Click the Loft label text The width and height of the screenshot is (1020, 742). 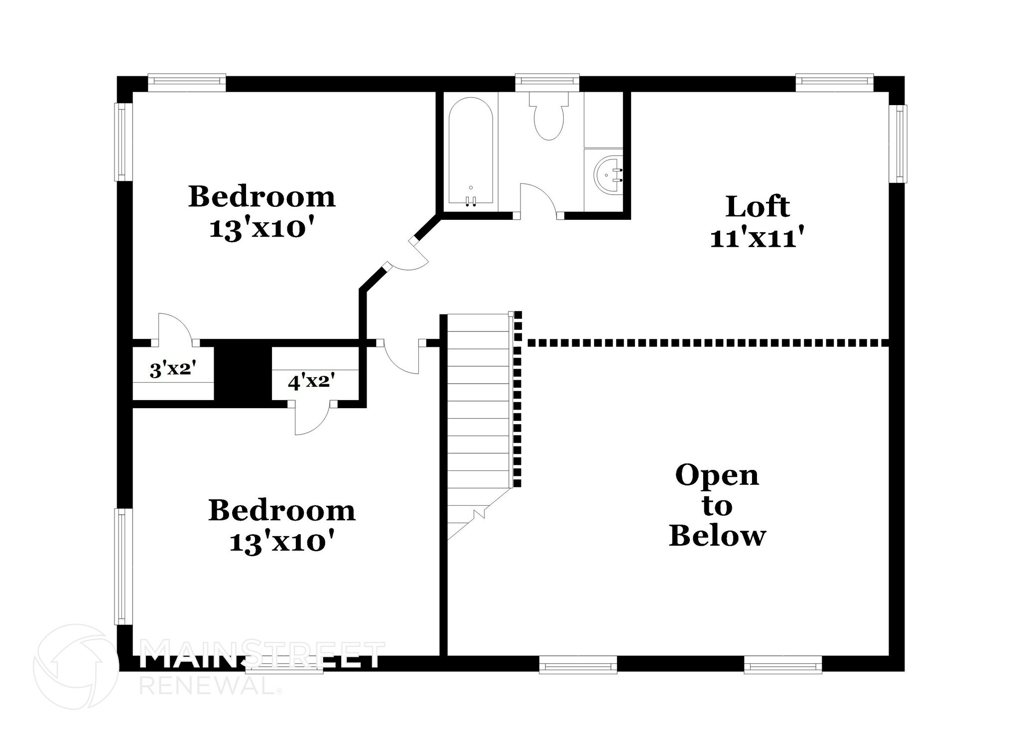click(x=757, y=207)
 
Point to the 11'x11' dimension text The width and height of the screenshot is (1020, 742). click(x=757, y=238)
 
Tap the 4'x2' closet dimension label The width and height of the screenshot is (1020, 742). click(x=311, y=382)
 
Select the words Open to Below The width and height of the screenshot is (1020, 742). click(x=717, y=506)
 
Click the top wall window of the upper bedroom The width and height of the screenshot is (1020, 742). click(x=187, y=83)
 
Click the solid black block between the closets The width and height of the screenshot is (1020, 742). click(x=243, y=374)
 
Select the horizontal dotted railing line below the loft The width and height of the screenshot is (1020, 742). click(x=708, y=343)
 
